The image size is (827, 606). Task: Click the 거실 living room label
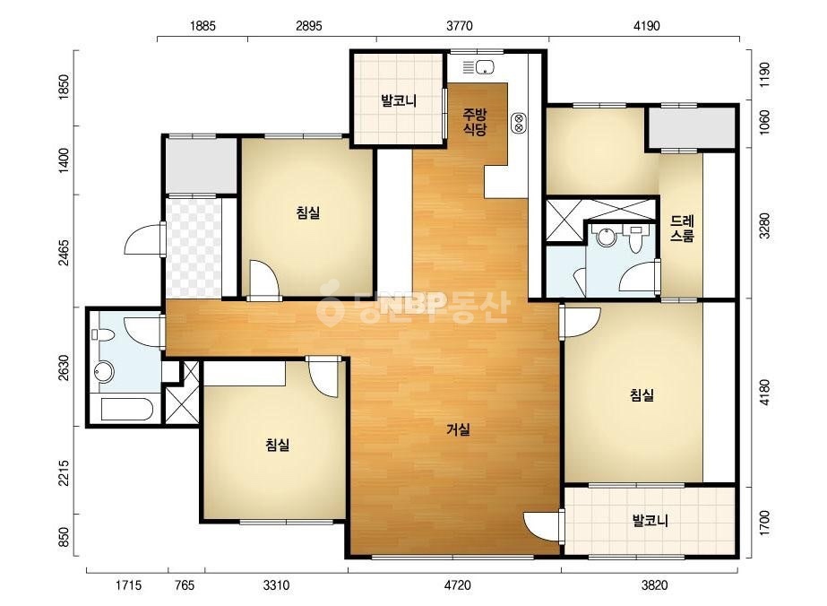[459, 430]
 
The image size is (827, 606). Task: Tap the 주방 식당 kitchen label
[475, 122]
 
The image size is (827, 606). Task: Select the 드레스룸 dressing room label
[682, 229]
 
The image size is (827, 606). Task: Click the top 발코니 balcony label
[399, 100]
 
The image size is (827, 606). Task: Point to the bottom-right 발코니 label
[650, 521]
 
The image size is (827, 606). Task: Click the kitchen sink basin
[485, 67]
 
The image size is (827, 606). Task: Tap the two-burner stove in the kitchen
[519, 123]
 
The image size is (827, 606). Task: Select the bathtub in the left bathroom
[127, 409]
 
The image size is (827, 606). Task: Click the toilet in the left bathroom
[103, 334]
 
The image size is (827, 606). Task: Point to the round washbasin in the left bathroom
[104, 372]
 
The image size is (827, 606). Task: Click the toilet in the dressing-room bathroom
[636, 241]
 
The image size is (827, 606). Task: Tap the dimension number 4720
[457, 585]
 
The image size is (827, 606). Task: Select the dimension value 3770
[460, 26]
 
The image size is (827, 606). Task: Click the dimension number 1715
[128, 585]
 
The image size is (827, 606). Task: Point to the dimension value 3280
[763, 226]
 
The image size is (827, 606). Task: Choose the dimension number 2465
[64, 254]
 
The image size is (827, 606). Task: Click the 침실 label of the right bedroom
[642, 394]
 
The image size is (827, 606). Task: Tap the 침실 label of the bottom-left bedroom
[278, 445]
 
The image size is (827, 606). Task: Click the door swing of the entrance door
[142, 239]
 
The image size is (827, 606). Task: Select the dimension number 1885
[202, 26]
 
